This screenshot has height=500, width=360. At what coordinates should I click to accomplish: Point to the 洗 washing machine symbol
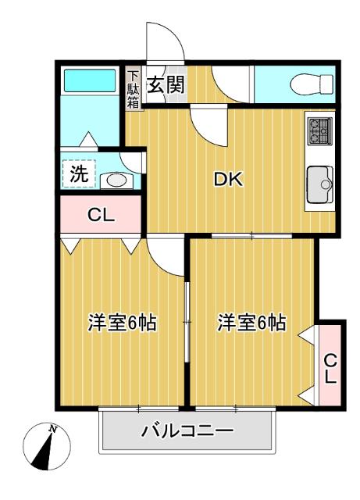coord(80,174)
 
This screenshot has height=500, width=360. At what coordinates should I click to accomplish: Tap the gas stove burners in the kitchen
coord(319,130)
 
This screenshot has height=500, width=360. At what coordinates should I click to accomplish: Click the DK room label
coord(229,180)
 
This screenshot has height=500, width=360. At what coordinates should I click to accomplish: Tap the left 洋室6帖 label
coord(122,322)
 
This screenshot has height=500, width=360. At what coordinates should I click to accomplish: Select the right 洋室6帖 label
coord(251,322)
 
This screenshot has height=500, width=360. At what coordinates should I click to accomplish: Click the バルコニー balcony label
coord(187,430)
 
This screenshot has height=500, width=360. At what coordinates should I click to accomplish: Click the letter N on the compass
coord(53,429)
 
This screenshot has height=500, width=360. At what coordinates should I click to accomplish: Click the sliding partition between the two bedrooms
coord(187,322)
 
